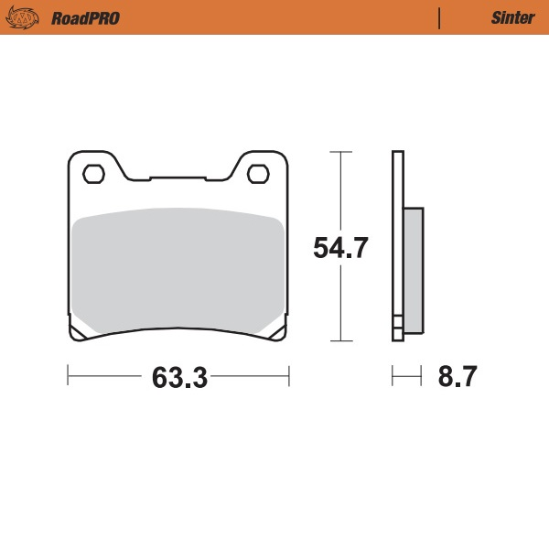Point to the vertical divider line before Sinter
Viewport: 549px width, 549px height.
pos(440,17)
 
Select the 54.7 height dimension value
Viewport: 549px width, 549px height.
pos(340,248)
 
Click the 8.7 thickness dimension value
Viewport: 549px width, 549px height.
pos(457,376)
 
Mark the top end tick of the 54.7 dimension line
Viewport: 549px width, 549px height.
pos(340,151)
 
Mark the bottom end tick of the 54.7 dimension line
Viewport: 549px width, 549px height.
pos(340,341)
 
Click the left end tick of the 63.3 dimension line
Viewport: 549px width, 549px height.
pos(69,375)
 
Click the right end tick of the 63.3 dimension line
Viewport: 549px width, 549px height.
pos(289,375)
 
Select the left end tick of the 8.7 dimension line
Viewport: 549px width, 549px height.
pos(393,375)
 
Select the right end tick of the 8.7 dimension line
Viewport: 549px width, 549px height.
pos(422,375)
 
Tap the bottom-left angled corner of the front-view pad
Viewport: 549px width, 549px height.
pos(78,331)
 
